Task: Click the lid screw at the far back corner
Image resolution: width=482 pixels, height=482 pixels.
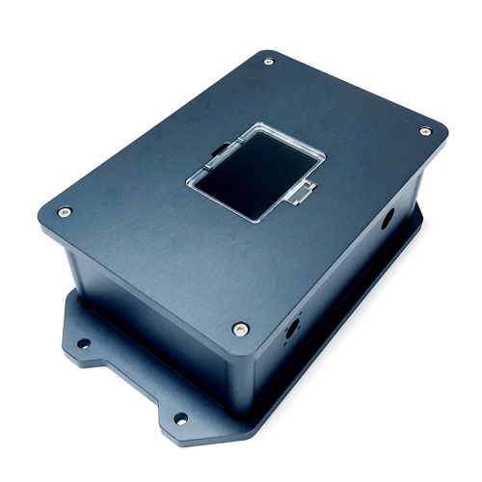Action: click(x=268, y=62)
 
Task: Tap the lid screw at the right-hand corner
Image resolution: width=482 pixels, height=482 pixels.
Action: click(x=425, y=131)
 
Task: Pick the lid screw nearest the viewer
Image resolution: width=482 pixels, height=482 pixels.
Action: click(x=238, y=329)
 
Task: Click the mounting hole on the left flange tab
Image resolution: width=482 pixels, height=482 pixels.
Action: click(x=84, y=342)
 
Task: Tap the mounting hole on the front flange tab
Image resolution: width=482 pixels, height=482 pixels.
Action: click(x=179, y=417)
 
